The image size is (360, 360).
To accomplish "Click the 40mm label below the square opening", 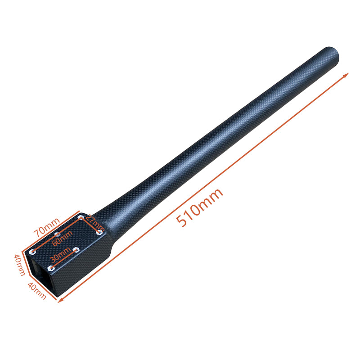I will tap(37, 291).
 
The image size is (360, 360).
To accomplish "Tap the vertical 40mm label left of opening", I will tap(19, 265).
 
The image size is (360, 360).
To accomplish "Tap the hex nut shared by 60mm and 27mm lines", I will tap(81, 218).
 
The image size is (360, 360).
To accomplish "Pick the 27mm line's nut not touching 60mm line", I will tap(99, 233).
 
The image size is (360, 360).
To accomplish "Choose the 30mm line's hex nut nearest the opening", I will tap(51, 268).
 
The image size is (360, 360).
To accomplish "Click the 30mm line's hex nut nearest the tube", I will tap(76, 249).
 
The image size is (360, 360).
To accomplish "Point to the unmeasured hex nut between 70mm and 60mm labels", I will tap(57, 234).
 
